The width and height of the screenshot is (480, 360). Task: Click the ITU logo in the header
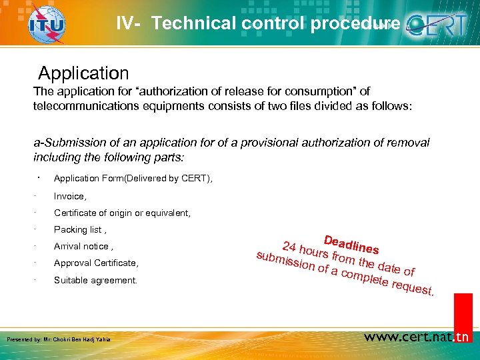point(46,25)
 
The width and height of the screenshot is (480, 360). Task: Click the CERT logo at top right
point(440,26)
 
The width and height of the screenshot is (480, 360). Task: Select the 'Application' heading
point(83,73)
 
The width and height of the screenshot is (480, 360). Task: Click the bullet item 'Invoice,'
point(70,196)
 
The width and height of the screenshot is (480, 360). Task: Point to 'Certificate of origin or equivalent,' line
point(122,213)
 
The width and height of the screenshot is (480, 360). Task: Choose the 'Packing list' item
point(79,230)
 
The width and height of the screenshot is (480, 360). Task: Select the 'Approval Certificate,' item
point(96,263)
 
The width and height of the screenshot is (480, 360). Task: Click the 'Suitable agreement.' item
point(95,280)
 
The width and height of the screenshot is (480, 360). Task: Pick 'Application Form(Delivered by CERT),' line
point(133,179)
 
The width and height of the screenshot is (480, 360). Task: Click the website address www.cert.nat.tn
point(417,337)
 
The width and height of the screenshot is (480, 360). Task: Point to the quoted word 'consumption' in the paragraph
point(327,91)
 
